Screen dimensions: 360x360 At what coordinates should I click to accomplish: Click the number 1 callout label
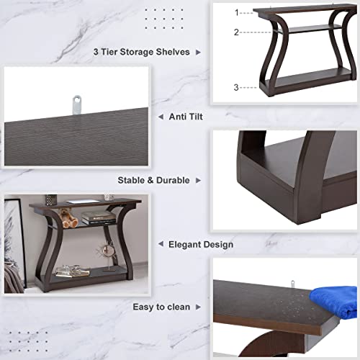[x=236, y=12]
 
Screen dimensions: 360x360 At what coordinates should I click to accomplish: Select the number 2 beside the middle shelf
[x=236, y=32]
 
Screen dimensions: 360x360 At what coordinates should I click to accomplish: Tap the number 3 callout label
[x=236, y=87]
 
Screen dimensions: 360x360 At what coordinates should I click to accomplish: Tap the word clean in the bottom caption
[x=177, y=307]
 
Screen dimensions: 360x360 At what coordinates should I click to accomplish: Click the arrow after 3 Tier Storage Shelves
[x=199, y=52]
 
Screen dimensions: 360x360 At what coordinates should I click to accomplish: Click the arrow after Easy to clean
[x=199, y=307]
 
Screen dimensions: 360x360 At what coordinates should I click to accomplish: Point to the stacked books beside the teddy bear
[x=96, y=217]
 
